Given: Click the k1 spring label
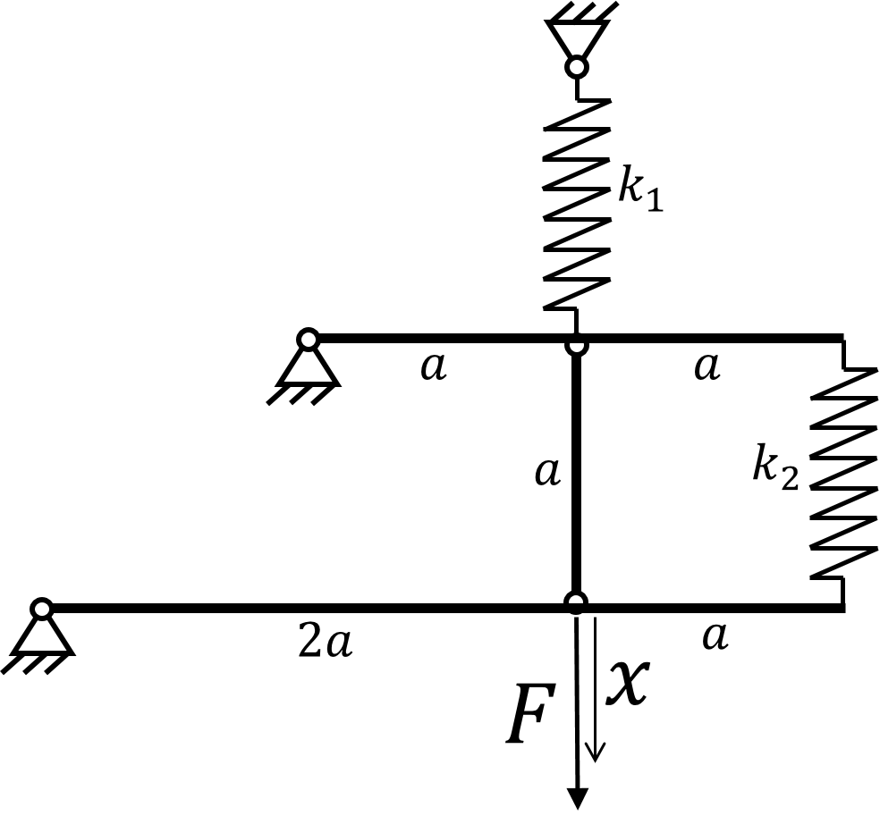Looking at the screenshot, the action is click(640, 189).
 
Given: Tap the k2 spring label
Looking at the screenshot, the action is click(775, 467).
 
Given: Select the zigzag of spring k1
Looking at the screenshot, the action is click(577, 204).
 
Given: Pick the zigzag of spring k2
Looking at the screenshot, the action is click(843, 474).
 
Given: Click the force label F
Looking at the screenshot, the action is click(531, 713).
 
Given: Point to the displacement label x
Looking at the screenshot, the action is click(629, 682).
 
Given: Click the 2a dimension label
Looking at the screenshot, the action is click(326, 642).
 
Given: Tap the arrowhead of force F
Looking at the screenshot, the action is click(578, 798).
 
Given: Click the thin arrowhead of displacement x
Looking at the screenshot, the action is click(596, 753).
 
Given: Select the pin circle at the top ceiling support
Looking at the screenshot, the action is click(577, 67).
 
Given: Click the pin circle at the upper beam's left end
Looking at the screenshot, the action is click(309, 339).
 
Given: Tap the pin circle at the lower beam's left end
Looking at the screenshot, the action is click(41, 608).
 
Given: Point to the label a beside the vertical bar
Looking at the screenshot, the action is click(547, 472).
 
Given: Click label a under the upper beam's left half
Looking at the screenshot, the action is click(434, 366).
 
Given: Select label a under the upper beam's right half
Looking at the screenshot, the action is click(707, 366).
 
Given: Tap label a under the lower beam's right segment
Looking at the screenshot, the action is click(715, 636).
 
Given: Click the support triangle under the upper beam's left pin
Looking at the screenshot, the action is click(309, 369).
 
